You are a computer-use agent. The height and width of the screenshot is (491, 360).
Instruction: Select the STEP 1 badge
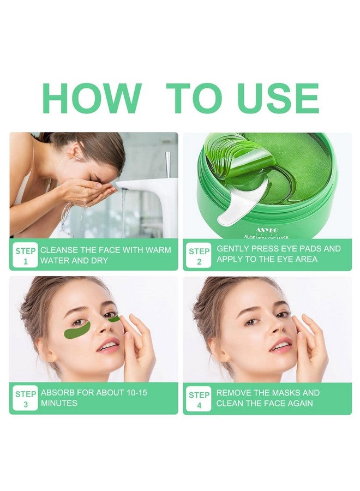(x=25, y=256)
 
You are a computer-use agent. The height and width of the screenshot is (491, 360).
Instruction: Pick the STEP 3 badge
(x=25, y=398)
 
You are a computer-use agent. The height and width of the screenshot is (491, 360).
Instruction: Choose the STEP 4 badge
(x=199, y=398)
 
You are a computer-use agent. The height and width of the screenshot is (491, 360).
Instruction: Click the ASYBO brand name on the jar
(x=267, y=231)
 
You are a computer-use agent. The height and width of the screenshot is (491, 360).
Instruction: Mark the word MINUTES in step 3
(x=59, y=404)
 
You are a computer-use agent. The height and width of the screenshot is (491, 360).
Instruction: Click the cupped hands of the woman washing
(x=87, y=190)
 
